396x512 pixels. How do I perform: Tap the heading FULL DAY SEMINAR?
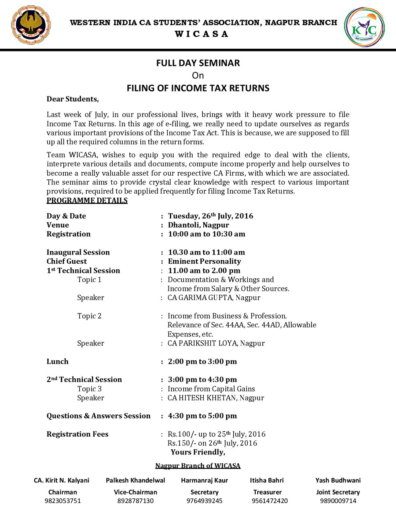[198, 63]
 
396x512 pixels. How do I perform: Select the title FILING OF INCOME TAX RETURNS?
[198, 88]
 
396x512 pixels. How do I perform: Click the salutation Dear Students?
[73, 99]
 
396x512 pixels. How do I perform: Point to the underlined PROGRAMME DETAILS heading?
[87, 201]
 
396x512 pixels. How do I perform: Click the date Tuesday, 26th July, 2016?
[210, 216]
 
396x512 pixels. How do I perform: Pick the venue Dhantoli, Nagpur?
[198, 225]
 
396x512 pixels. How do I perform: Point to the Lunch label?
[58, 362]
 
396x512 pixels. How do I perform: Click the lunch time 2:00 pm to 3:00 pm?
[202, 362]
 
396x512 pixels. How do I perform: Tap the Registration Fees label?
[77, 434]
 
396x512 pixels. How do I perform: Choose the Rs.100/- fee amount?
[180, 434]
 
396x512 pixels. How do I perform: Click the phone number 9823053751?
[62, 501]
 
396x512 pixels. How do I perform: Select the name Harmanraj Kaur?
[204, 480]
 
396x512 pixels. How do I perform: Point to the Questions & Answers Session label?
[99, 416]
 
